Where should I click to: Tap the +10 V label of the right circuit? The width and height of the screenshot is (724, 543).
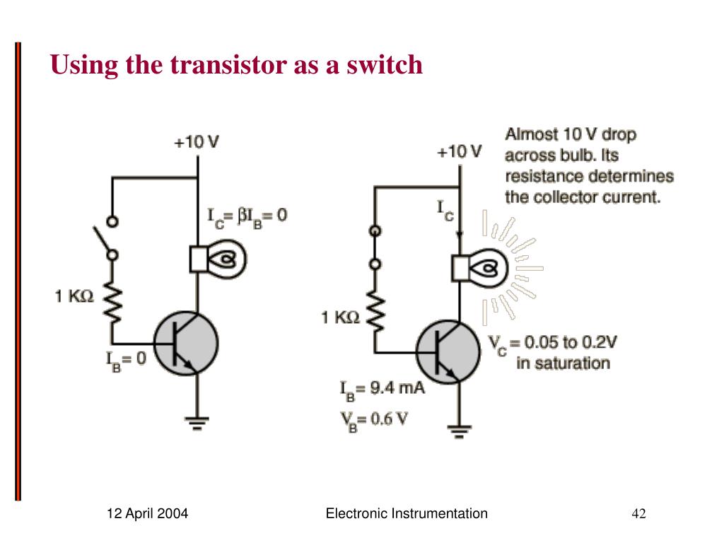tap(459, 151)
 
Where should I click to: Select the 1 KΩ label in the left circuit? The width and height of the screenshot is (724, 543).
tap(74, 297)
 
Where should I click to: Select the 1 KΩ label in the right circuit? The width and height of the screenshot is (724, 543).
tap(341, 318)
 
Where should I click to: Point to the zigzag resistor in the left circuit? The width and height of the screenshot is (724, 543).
tap(111, 300)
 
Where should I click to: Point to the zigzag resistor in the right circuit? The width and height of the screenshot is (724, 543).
tap(375, 313)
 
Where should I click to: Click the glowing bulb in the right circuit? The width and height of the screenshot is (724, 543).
tap(481, 269)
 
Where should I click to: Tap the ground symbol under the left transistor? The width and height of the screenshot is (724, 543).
tap(197, 423)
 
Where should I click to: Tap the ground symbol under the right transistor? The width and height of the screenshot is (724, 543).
tap(459, 430)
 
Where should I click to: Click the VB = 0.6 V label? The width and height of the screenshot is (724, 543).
tap(374, 419)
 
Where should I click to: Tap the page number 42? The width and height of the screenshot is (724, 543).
tap(638, 514)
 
